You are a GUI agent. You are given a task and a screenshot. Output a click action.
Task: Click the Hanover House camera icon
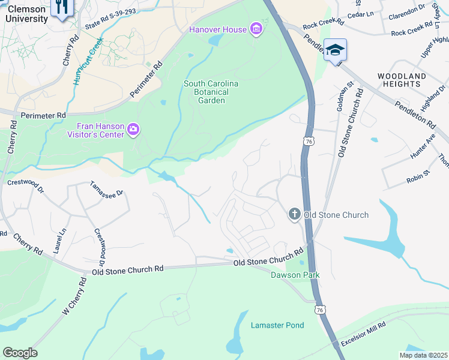click(256, 29)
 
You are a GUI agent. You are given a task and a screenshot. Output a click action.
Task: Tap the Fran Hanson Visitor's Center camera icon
click(133, 130)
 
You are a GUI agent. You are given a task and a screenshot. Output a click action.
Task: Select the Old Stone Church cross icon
click(294, 214)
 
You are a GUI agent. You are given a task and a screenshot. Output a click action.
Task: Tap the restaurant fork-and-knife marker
click(62, 7)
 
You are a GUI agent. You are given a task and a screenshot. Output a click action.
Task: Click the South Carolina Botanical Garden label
click(211, 92)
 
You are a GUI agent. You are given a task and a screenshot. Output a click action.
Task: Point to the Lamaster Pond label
click(277, 325)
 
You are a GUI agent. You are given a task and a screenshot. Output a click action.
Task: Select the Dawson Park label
click(295, 275)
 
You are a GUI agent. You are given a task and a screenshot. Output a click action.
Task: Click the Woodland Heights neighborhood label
click(402, 80)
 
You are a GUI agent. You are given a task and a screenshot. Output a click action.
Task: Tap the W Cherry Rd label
click(73, 298)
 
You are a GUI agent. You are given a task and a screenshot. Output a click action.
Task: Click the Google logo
click(20, 352)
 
